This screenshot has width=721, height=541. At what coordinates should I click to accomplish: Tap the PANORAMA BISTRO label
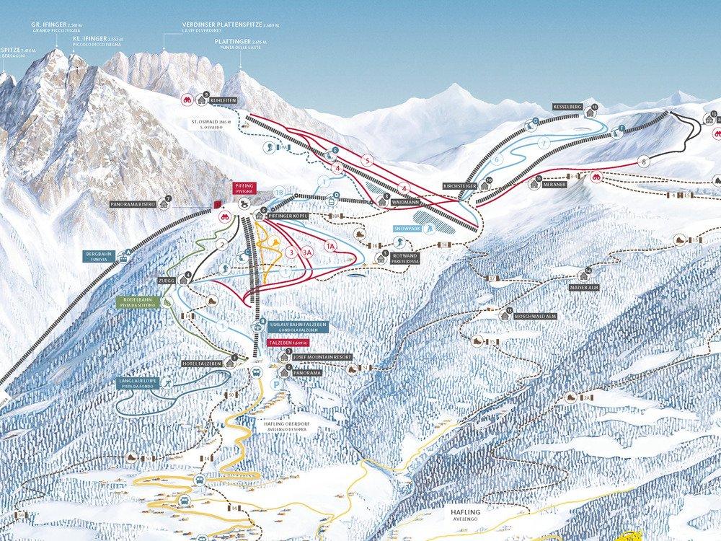click(133, 204)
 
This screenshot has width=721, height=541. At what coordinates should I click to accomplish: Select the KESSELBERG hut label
click(567, 106)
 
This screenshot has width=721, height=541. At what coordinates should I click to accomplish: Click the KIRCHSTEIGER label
click(460, 186)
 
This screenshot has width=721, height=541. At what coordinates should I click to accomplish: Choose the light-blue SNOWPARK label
click(407, 228)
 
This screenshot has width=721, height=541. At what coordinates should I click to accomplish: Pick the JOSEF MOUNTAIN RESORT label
click(323, 357)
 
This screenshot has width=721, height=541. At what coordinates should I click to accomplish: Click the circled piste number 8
click(643, 162)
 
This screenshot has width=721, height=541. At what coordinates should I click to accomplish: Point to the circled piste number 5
click(367, 160)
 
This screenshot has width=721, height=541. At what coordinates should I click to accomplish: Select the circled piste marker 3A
click(308, 252)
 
